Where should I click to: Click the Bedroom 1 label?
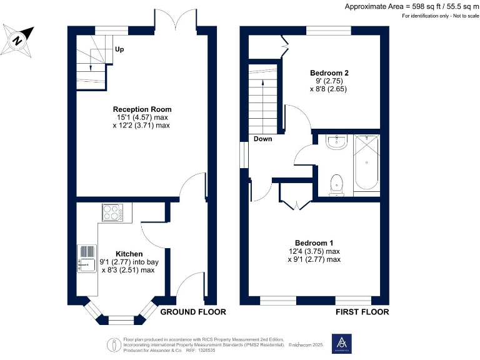coord(314,243)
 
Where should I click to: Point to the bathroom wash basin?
coord(336,143)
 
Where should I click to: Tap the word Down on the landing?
coord(262,139)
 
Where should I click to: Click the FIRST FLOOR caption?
coord(362,312)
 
